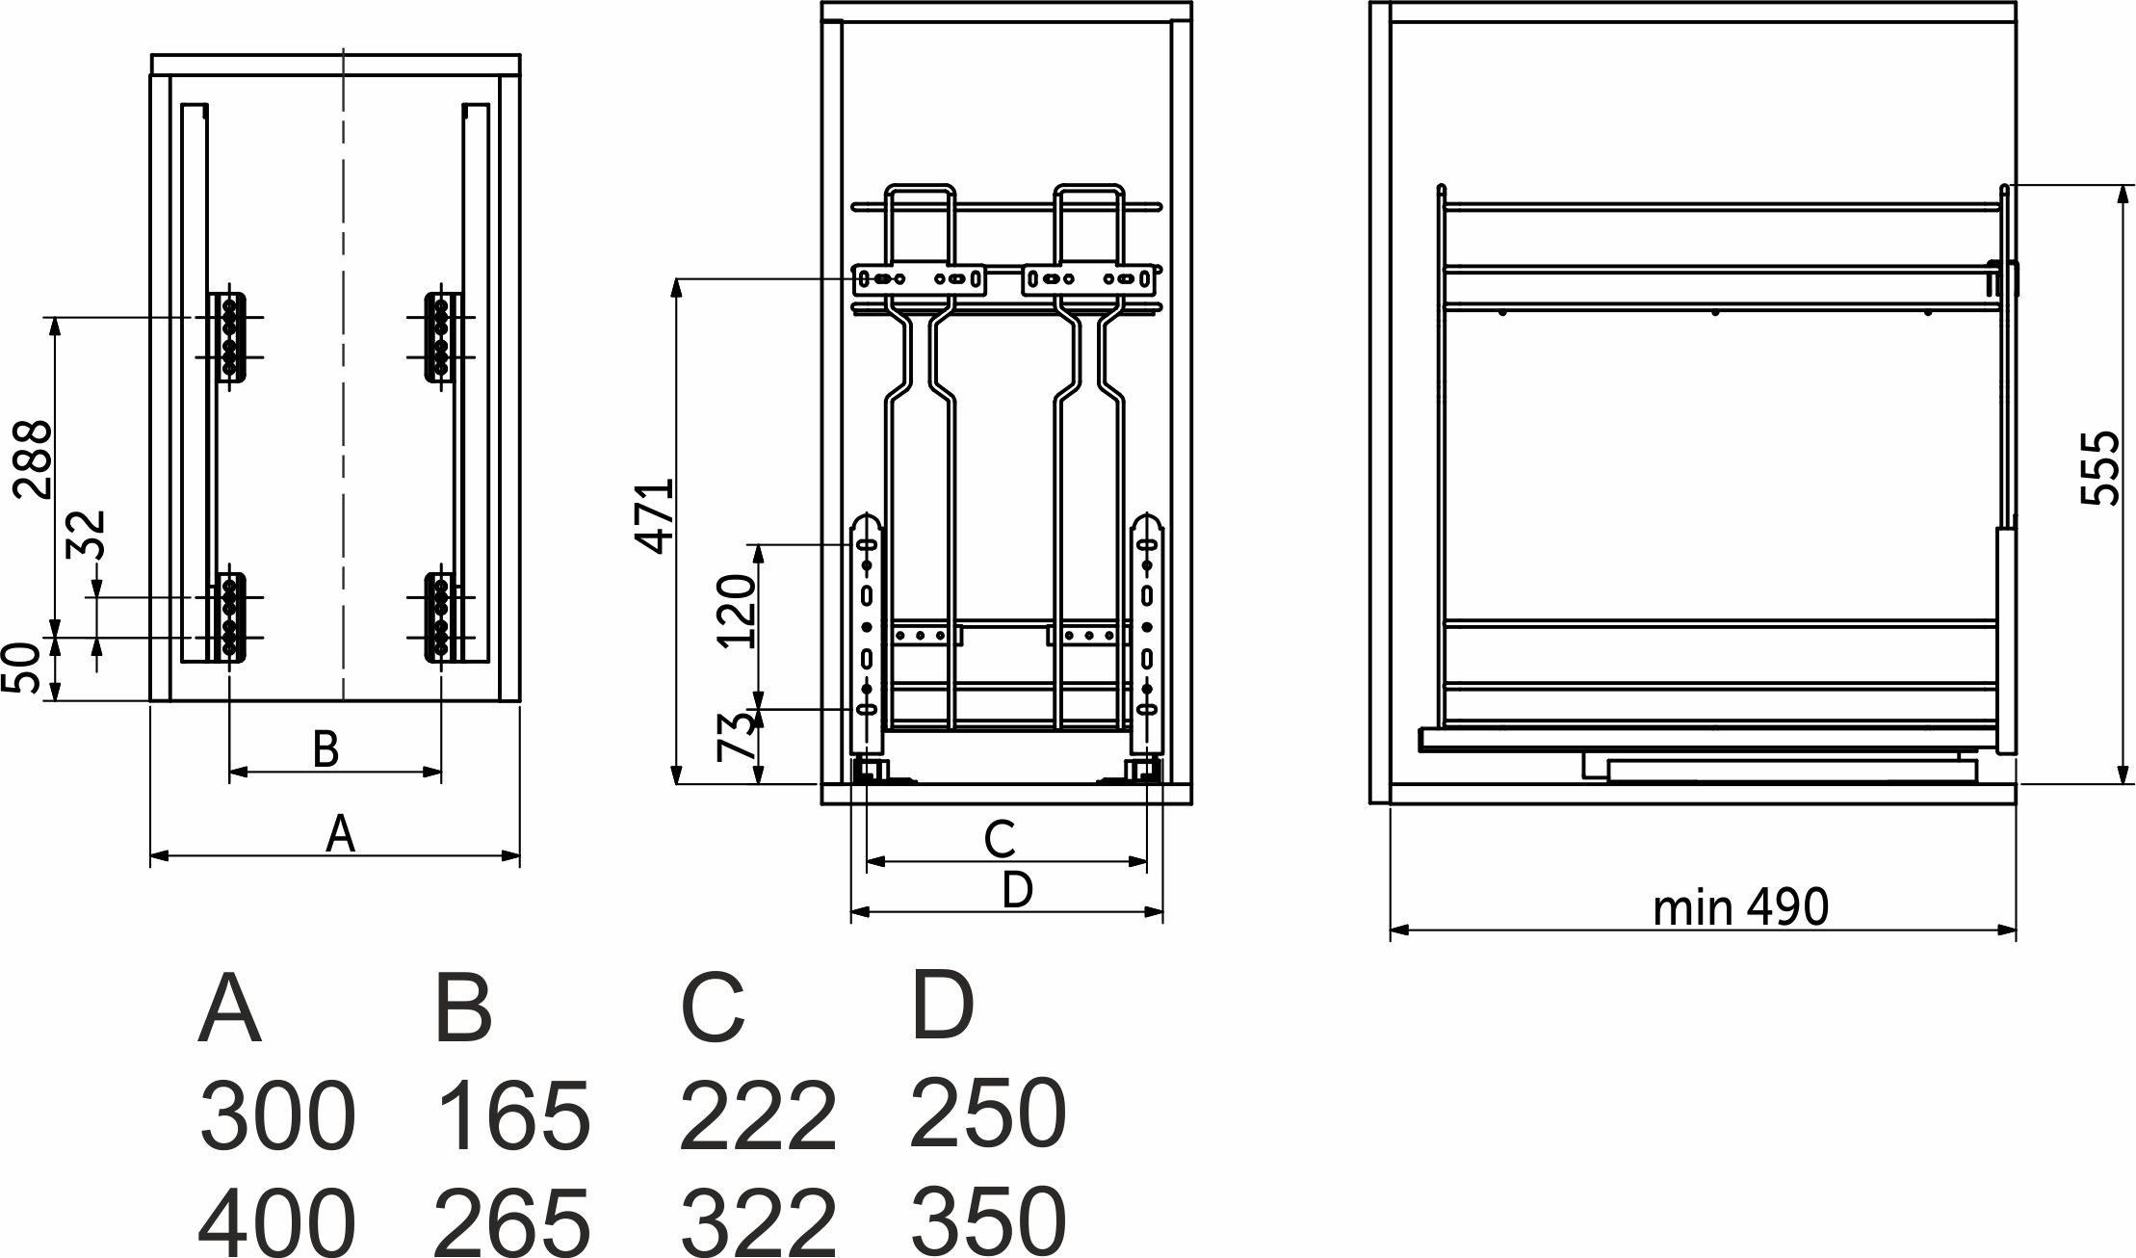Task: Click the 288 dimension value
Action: tap(33, 459)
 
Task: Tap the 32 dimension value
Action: tap(87, 536)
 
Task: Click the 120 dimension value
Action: tap(737, 611)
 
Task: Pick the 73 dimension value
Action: tap(738, 737)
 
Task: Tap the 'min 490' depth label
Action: tap(1740, 906)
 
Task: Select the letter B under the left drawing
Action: tap(326, 748)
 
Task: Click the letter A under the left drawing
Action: tap(340, 833)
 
